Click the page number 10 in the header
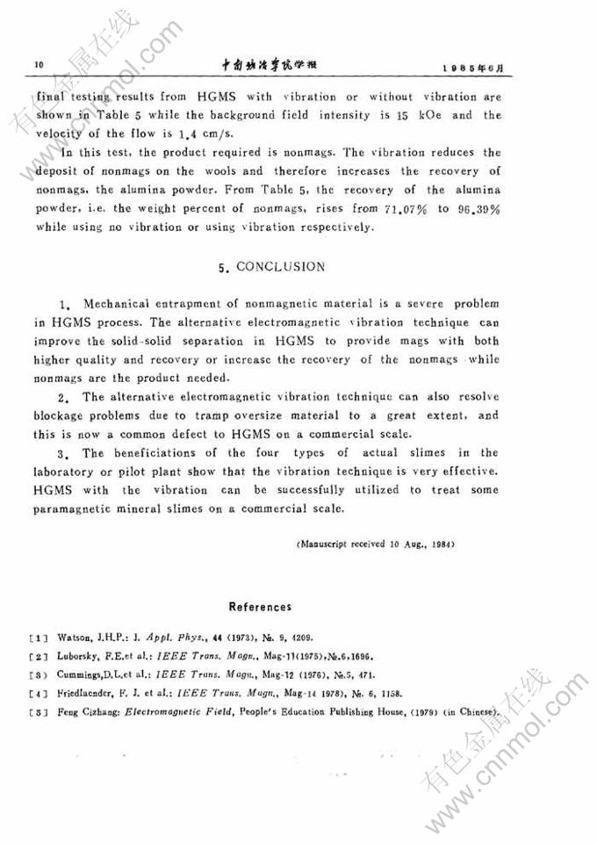point(38,65)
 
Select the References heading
point(260,606)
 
